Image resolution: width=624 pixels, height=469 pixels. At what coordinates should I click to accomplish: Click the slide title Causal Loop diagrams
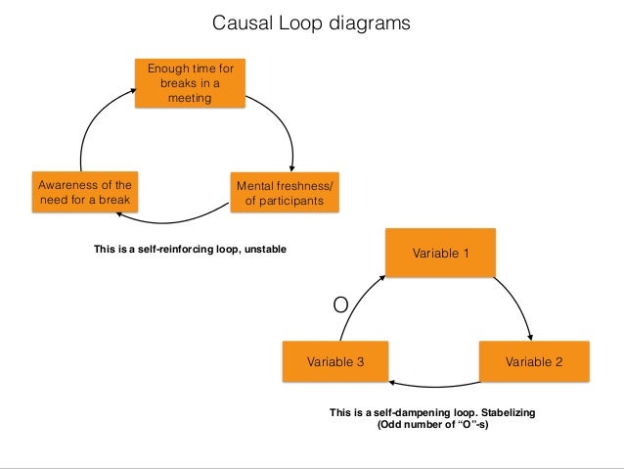click(x=312, y=22)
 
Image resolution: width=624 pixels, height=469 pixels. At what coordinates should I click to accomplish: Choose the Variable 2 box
click(x=533, y=361)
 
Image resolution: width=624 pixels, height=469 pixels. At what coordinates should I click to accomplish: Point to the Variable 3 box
click(x=335, y=361)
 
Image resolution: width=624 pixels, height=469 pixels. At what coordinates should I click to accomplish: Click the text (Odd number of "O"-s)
click(x=432, y=426)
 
